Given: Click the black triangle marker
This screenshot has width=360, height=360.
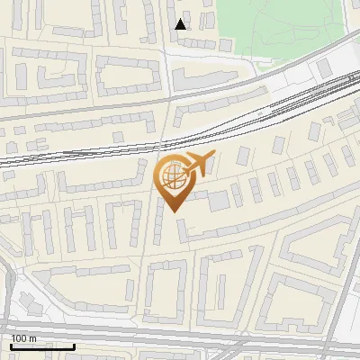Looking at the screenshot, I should [181, 24].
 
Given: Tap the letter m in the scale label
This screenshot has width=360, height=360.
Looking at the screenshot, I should [33, 338].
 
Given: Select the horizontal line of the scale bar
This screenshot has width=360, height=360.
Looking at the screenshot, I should [41, 347].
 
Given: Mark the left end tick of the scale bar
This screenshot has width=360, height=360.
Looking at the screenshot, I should [10, 346].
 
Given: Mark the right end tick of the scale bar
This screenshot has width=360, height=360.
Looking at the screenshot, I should [74, 346].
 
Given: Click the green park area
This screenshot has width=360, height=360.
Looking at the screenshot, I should [270, 27].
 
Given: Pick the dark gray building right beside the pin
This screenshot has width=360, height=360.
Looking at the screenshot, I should [219, 201].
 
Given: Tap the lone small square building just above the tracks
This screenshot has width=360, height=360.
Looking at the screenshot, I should [118, 136].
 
